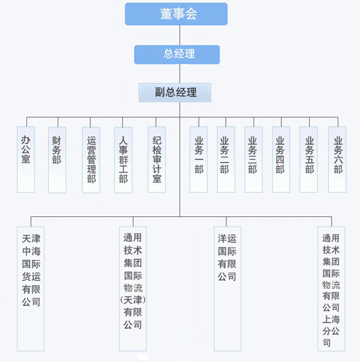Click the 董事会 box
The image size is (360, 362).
coord(176,14)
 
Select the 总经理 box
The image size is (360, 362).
coord(177,54)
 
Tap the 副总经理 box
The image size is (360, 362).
coord(175,92)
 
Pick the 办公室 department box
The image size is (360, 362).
coord(26,159)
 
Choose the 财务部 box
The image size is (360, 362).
coord(57,159)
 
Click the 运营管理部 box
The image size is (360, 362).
coord(92,159)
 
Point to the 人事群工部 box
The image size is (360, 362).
coord(123,159)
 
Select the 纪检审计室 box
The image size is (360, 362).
coord(157,159)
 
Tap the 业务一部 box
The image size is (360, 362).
coord(199,159)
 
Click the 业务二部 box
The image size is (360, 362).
coord(226,159)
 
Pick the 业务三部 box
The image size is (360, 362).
coord(254,159)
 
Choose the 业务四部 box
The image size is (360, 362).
coord(281,159)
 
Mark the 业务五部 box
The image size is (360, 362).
coord(308,159)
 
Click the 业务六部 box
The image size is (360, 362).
coord(338,159)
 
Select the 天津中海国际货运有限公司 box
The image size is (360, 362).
coord(31,289)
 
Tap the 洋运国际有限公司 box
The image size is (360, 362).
coord(227,289)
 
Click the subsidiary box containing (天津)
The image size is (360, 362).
coord(133,289)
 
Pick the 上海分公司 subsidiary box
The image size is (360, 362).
coord(332,289)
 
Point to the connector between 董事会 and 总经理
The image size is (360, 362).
coord(180,35)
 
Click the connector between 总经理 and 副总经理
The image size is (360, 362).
coord(180,74)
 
